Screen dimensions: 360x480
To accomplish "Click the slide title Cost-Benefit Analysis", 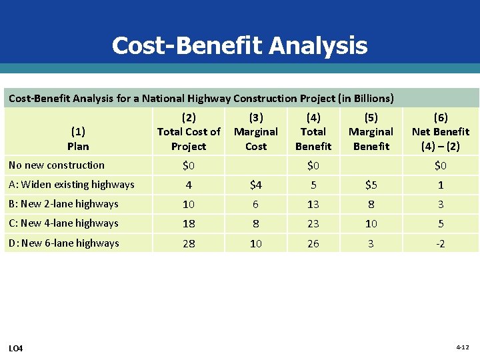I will coord(239,45).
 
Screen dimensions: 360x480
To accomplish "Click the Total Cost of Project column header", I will coord(189,132).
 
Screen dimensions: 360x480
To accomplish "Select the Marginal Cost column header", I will coord(256,132).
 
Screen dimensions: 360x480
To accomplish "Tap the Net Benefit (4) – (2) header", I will coord(441,132).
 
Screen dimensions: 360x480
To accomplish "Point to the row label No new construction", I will coord(57,165).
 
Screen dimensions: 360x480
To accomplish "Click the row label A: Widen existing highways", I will coord(71,185).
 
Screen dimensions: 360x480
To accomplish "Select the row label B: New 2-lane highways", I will coord(63,204).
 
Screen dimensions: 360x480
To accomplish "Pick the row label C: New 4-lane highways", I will coord(63,223).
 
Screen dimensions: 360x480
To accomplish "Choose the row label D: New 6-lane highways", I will coord(64,243).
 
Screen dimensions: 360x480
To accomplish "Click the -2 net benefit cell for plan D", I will coord(440,244).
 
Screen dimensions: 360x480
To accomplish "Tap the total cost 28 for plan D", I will coord(189,244).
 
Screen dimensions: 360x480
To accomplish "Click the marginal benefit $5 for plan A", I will coord(371,185).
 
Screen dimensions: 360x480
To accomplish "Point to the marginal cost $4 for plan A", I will coord(256,185).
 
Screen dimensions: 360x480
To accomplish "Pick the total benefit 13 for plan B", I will coord(313,205).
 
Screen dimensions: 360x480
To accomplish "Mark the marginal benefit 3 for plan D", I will coord(371,244).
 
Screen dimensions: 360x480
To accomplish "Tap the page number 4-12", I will coord(463,347).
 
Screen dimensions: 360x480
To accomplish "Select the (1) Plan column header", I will coord(78,139).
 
